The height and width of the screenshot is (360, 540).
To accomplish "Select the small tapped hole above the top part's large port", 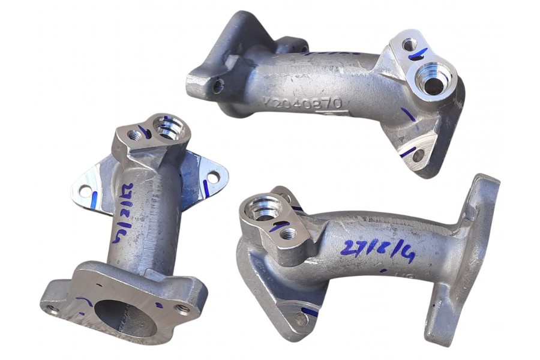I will click(x=409, y=44).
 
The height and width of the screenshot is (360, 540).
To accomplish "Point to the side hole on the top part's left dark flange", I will click(x=218, y=86).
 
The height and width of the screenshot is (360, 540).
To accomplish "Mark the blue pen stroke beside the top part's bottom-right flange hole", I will click(x=407, y=152).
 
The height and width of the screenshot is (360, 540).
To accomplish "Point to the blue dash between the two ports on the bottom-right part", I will click(x=278, y=226).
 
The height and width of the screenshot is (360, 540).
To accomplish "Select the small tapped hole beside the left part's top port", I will click(x=135, y=136).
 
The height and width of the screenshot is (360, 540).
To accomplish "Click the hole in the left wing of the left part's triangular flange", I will click(x=85, y=191).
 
